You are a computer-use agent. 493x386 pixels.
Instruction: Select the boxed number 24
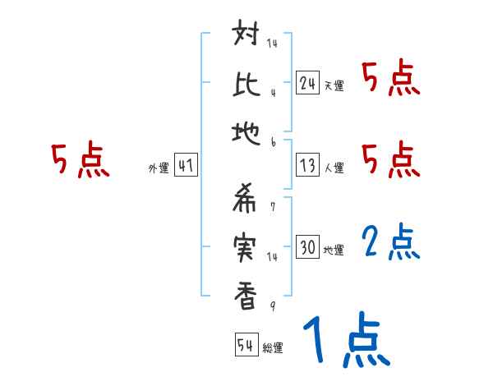pos(307,83)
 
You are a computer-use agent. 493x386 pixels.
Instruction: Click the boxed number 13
pos(307,165)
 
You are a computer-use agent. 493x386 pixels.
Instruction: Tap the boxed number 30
pos(307,247)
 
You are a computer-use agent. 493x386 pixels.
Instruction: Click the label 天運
pos(334,85)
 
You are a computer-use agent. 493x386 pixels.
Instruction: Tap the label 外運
pos(158,168)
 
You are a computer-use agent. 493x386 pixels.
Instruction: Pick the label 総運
pos(273,348)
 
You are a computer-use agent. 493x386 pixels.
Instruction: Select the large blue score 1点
pos(345,341)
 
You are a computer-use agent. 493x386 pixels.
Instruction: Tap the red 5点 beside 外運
pos(81,161)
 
